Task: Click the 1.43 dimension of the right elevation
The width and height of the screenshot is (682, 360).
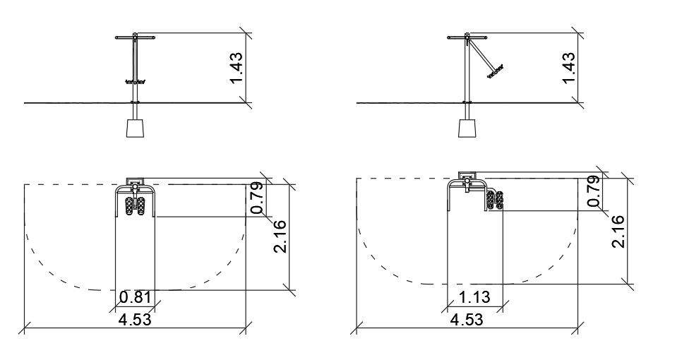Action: pos(568,68)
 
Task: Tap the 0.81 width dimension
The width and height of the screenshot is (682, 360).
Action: pos(136,298)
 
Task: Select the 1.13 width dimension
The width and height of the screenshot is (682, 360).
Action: pos(474,297)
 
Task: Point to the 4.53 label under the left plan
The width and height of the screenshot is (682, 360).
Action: pos(135,320)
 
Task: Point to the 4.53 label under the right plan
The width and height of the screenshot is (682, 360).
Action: pos(467,320)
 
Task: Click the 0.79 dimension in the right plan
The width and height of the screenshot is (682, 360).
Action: pos(594,191)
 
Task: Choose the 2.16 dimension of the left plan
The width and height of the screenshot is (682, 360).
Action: pos(280,236)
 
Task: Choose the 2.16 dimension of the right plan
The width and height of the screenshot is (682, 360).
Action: pos(618,232)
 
